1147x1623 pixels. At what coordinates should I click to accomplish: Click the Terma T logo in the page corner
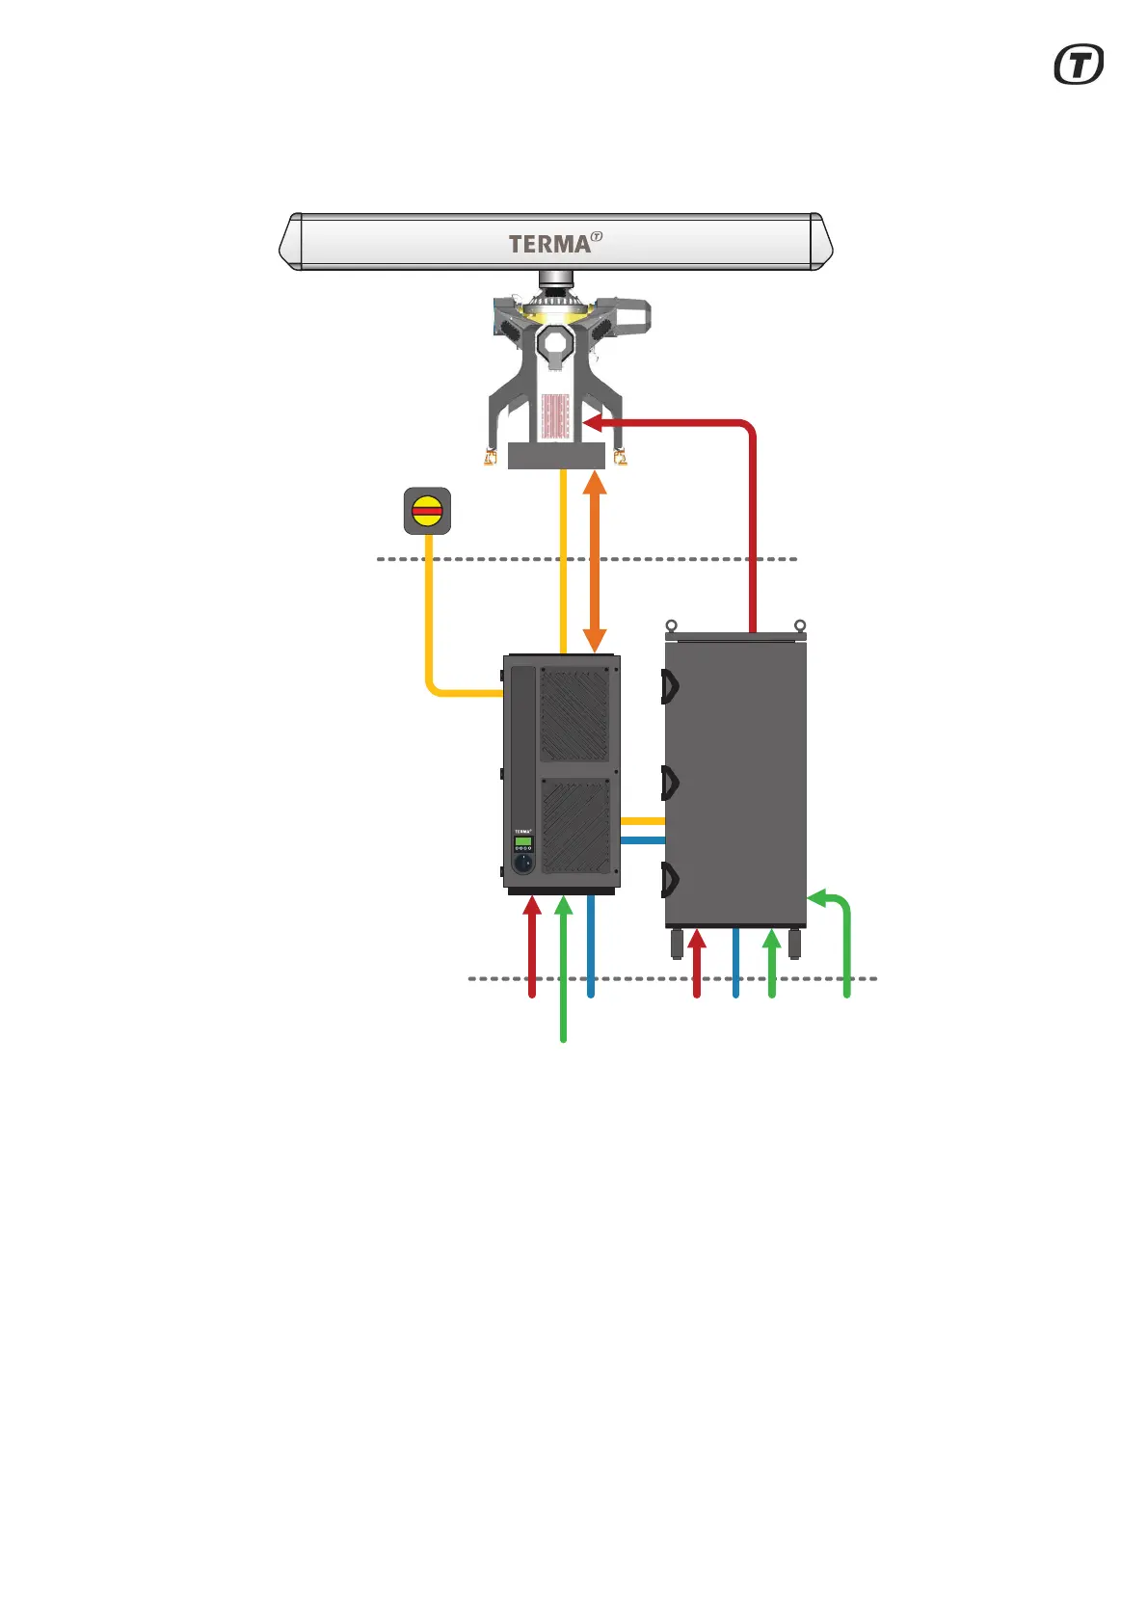(1079, 65)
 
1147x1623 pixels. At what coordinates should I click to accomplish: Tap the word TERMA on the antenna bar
(549, 244)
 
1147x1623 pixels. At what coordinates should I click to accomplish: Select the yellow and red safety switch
(427, 511)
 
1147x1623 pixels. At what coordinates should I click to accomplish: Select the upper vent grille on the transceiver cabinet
(574, 714)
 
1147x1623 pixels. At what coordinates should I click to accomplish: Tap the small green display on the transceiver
(523, 841)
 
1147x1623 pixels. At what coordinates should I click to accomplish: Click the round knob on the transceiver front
(522, 863)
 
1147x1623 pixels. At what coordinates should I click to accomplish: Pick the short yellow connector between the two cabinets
(642, 821)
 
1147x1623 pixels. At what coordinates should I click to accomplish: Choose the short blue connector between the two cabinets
(642, 840)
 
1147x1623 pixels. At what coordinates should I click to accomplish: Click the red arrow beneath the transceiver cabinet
(532, 945)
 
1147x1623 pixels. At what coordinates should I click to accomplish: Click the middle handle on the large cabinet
(670, 783)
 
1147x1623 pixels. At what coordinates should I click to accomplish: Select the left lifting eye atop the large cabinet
(672, 626)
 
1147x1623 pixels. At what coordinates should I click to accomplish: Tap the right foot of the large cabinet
(794, 944)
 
